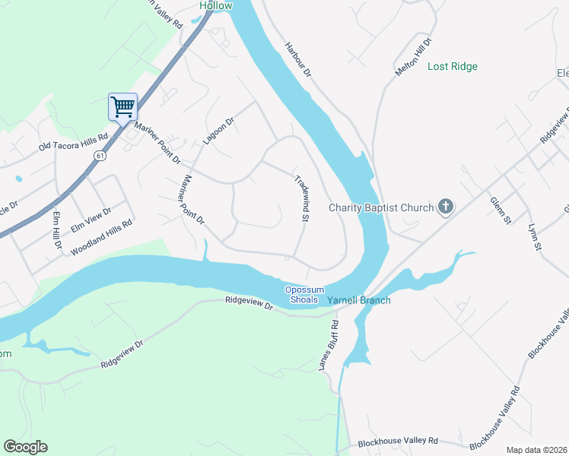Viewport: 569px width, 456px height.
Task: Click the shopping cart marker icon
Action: tap(122, 107)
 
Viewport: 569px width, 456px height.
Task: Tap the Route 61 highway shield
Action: tap(100, 155)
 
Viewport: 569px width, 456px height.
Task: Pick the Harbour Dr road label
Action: tap(298, 59)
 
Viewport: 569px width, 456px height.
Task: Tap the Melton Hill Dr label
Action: tap(413, 57)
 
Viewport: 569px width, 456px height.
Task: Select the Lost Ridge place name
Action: tap(453, 67)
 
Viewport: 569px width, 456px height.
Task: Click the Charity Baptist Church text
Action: tap(381, 207)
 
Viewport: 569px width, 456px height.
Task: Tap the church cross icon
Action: tap(446, 207)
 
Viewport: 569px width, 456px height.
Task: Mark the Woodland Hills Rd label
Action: tap(101, 238)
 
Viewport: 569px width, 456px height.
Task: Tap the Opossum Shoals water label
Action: tap(305, 295)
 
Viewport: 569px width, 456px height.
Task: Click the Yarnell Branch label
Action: tap(359, 300)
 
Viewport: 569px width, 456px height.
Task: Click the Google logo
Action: tap(25, 447)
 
